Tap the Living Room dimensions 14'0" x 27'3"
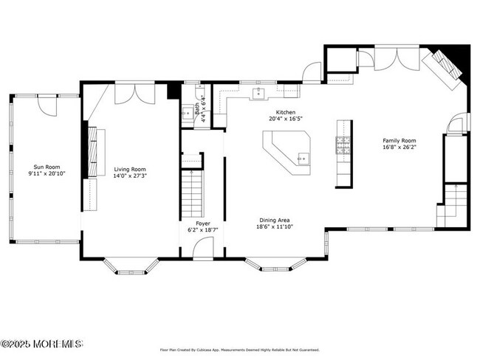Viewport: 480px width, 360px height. coord(130,176)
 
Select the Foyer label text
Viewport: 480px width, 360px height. coord(202,223)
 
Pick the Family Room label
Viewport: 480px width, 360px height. coord(399,140)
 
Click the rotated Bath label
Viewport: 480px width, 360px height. coord(196,108)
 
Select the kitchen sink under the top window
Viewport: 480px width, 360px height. coord(259,93)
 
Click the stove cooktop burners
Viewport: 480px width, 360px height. coord(343,147)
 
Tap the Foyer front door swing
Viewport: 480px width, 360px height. coord(202,248)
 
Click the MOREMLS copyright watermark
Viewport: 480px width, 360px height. coord(42,344)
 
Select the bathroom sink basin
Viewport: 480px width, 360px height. coord(187,114)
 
